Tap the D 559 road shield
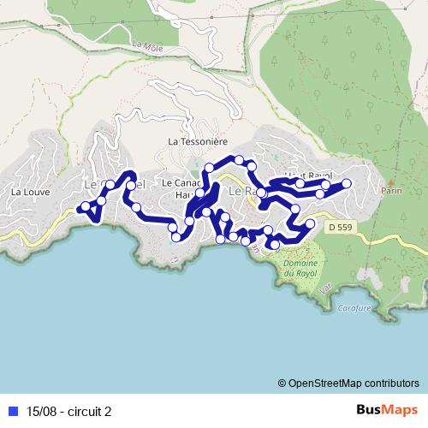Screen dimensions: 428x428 tap(339, 227)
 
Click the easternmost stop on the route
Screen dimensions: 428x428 tap(348, 183)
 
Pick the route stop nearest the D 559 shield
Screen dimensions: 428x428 tap(310, 224)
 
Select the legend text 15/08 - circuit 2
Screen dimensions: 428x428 tap(68, 411)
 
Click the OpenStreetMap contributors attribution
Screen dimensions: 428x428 tap(354, 383)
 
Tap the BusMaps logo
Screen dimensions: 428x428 tap(387, 410)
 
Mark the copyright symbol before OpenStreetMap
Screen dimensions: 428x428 tap(282, 383)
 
